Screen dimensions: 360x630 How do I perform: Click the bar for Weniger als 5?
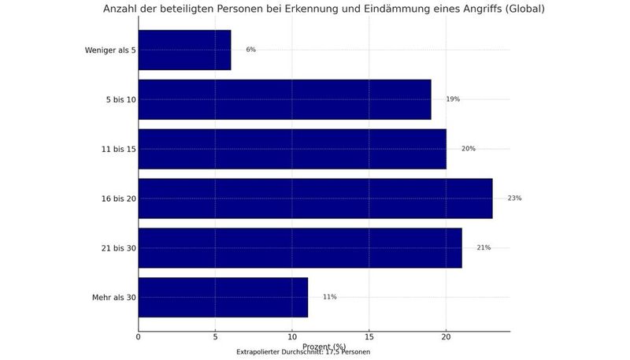184,50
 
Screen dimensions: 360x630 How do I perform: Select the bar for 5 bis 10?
284,99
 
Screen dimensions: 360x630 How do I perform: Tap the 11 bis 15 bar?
292,149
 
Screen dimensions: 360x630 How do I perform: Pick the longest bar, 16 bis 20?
315,199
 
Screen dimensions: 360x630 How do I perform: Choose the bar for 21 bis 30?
300,247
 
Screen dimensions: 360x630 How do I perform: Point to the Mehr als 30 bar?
223,297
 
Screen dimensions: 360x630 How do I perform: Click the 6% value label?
250,50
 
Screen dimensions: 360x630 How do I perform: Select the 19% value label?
452,99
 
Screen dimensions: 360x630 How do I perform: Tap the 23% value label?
514,199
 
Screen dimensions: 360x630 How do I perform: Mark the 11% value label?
329,297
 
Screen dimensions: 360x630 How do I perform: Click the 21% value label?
483,247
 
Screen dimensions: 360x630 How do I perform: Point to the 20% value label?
468,149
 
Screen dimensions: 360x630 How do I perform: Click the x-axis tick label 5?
215,338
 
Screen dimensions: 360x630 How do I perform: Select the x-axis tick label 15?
369,338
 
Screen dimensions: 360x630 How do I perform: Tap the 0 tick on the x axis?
139,338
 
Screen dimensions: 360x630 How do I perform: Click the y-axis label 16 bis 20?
115,199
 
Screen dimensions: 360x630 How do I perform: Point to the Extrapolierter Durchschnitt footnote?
303,351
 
